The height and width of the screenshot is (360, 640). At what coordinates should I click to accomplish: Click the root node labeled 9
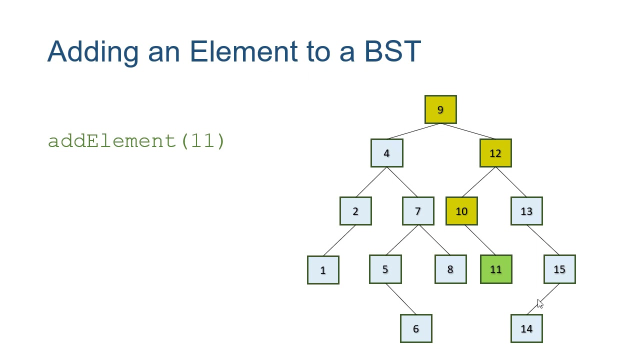point(440,109)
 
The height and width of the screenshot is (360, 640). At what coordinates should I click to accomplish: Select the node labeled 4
point(386,153)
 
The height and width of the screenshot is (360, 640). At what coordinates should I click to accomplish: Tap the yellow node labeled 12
point(495,153)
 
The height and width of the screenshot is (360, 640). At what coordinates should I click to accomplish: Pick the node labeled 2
point(355,211)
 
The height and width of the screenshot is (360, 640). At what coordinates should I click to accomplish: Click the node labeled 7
point(418,211)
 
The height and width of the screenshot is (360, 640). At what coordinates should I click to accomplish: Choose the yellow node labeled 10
point(461,211)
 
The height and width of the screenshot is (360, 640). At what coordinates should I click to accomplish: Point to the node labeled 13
point(526,211)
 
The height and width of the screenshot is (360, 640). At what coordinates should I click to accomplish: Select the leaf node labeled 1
point(323,270)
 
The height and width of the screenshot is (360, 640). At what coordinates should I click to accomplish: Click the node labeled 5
point(385,269)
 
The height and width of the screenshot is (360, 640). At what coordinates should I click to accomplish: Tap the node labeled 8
point(450,269)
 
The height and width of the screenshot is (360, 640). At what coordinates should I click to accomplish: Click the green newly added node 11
point(496,269)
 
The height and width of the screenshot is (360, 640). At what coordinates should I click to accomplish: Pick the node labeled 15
point(559,269)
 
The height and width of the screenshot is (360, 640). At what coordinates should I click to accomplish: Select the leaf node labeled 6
point(416,328)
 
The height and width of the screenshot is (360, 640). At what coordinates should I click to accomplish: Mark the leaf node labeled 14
point(526,328)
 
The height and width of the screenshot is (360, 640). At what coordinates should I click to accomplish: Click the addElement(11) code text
point(136,141)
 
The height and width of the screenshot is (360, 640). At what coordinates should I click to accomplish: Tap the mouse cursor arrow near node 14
point(539,303)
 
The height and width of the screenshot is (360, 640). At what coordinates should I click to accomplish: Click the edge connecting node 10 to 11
point(480,240)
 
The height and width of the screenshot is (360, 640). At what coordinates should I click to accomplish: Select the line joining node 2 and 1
point(340,240)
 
